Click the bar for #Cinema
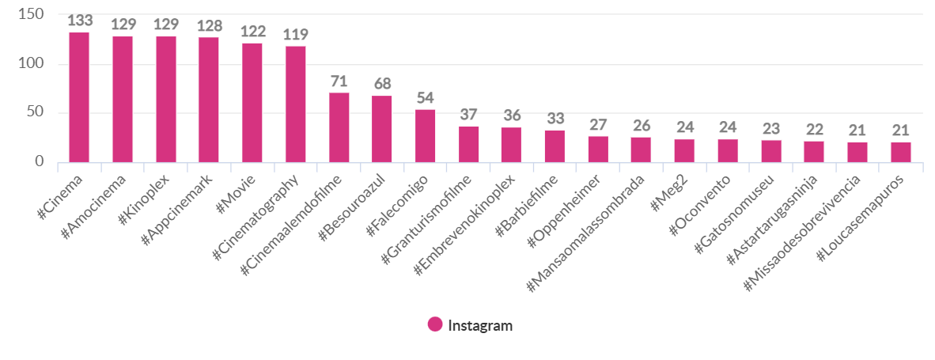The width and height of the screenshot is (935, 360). pyautogui.click(x=79, y=97)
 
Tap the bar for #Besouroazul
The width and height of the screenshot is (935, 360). pyautogui.click(x=381, y=129)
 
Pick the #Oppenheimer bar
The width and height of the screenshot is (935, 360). pyautogui.click(x=598, y=150)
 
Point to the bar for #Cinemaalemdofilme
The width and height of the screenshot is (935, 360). pyautogui.click(x=339, y=127)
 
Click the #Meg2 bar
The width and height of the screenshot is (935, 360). pyautogui.click(x=684, y=151)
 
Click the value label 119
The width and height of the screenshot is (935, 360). pyautogui.click(x=295, y=35)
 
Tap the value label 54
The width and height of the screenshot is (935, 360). pyautogui.click(x=425, y=98)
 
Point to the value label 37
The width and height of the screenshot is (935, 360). pyautogui.click(x=468, y=116)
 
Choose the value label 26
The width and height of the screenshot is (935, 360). pyautogui.click(x=641, y=126)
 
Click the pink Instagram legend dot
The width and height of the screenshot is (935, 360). pyautogui.click(x=435, y=324)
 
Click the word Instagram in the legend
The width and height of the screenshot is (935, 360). pyautogui.click(x=480, y=325)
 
